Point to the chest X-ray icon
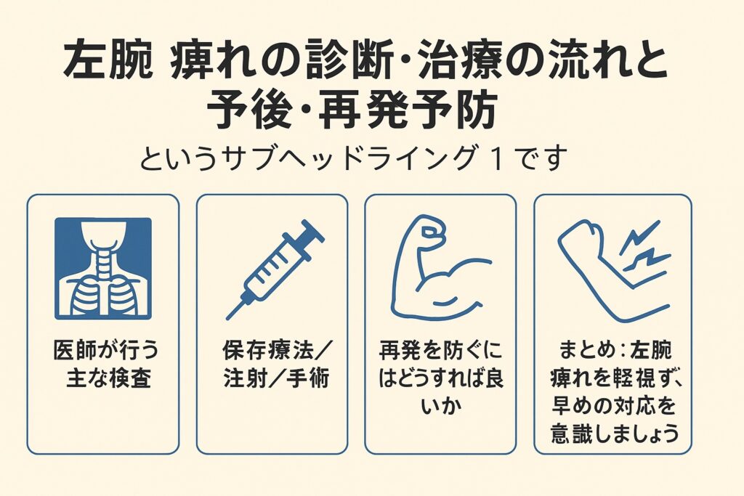click(103, 269)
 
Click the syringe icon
click(275, 269)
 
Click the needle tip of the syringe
click(228, 317)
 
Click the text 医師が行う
click(106, 351)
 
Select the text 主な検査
click(109, 378)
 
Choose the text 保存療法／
click(278, 351)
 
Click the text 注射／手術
click(277, 378)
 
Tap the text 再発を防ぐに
click(440, 351)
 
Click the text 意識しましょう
click(615, 434)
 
